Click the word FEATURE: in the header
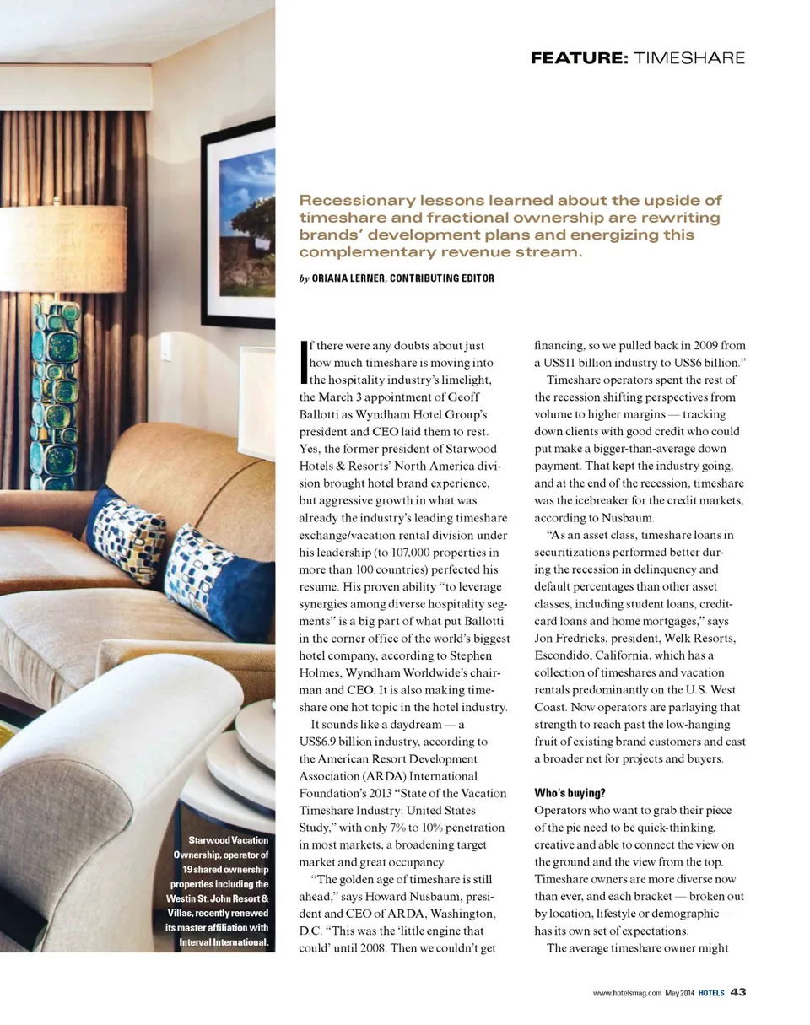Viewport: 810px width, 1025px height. tap(577, 58)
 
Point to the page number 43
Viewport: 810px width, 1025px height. tap(737, 992)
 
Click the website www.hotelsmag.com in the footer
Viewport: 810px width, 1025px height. tap(627, 993)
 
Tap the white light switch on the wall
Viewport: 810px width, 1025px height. tap(166, 346)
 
